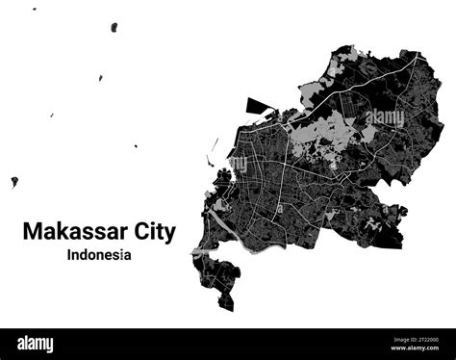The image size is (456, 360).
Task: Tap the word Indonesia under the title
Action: pos(100,255)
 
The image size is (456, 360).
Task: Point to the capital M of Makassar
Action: pos(32,232)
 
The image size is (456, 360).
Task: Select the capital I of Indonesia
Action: pos(70,255)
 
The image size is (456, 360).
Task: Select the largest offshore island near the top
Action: pos(114,27)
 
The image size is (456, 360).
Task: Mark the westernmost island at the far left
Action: pos(14,181)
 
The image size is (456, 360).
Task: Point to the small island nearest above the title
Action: pos(136,146)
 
